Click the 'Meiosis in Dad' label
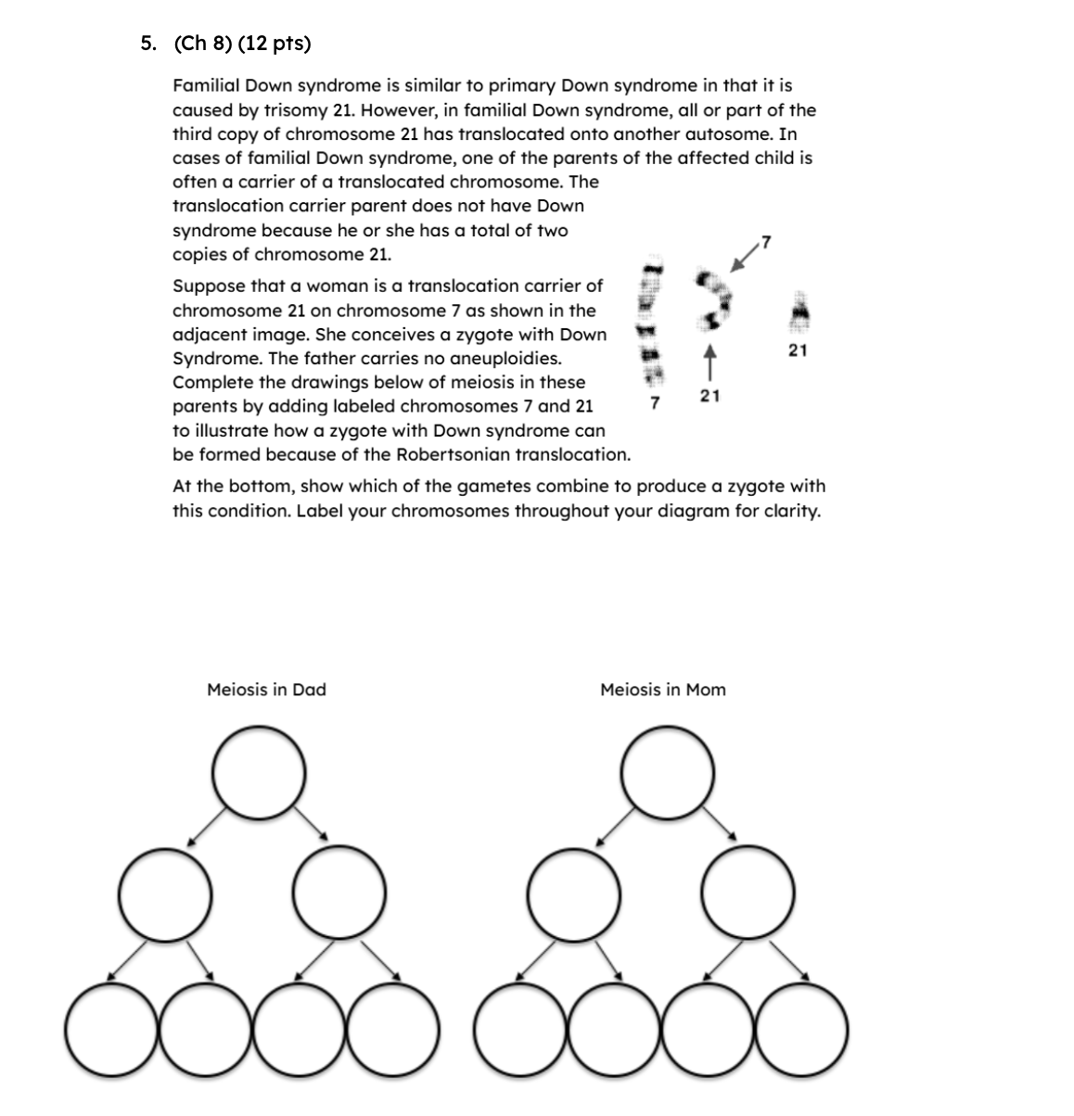(x=266, y=690)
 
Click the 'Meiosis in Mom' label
(x=662, y=690)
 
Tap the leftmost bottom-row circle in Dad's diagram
(x=110, y=1028)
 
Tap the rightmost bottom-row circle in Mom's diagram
(x=803, y=1028)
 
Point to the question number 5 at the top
(x=148, y=43)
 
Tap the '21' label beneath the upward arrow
(x=710, y=396)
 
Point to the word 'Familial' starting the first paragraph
(x=206, y=85)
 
